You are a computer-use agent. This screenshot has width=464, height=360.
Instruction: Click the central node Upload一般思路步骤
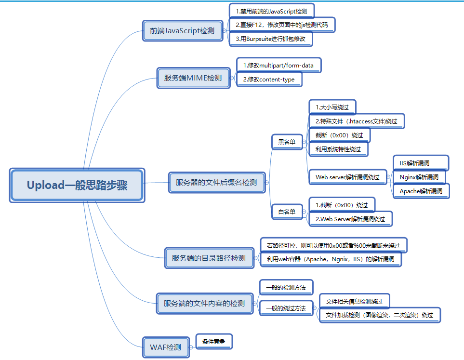tap(77, 185)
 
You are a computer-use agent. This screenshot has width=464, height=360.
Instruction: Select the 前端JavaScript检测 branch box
tap(185, 31)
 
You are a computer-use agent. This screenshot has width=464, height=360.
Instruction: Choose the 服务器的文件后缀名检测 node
tap(216, 183)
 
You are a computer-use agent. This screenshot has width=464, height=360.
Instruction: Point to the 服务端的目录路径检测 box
tap(208, 258)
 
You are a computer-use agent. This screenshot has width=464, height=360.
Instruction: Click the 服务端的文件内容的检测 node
tap(204, 304)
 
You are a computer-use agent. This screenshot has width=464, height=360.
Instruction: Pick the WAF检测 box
tap(166, 347)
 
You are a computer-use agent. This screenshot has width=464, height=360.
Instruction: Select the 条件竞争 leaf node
tap(214, 341)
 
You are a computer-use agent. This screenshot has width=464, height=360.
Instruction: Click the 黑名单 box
tap(287, 142)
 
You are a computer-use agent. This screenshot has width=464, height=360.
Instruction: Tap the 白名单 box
tap(287, 212)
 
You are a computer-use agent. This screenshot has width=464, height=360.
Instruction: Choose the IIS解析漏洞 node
tap(421, 163)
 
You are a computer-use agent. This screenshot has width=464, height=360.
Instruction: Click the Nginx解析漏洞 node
tap(419, 177)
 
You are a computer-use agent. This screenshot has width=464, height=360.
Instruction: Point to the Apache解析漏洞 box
tap(421, 191)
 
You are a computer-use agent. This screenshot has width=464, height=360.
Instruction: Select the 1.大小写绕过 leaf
tap(332, 107)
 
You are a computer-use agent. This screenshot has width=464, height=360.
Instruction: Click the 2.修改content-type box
tap(269, 79)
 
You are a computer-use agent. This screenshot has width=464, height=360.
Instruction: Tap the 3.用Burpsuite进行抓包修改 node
tap(271, 39)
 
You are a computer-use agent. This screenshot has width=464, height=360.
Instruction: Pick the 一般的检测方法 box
tap(286, 288)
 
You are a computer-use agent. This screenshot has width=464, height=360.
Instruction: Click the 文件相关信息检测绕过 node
tap(354, 301)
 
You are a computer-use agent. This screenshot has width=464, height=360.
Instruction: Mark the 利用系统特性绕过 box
tap(338, 149)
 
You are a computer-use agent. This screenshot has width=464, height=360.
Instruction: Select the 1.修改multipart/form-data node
tap(278, 65)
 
